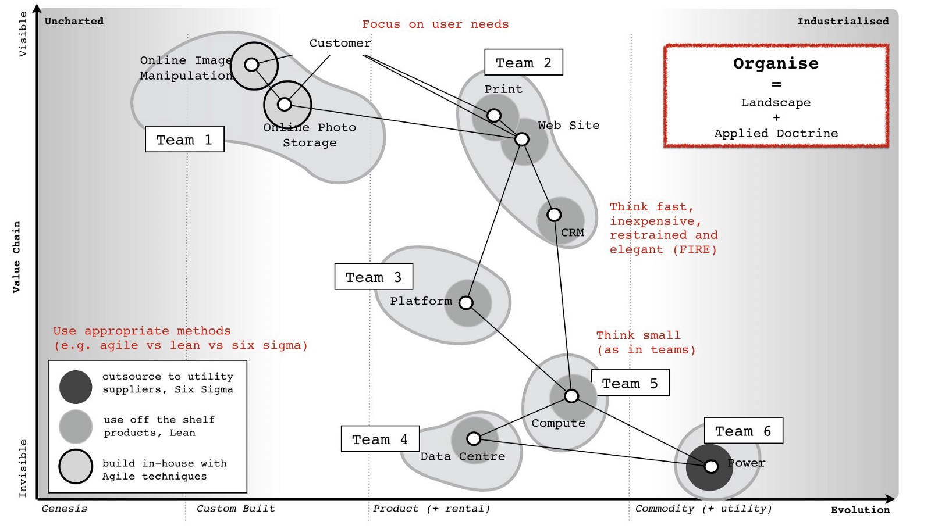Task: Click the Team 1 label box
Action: (x=184, y=140)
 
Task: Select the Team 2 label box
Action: (x=523, y=62)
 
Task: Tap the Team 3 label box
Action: (x=373, y=277)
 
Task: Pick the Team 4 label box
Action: (x=379, y=439)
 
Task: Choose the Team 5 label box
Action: (x=630, y=383)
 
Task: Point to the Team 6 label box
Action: (x=743, y=431)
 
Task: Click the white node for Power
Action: (x=711, y=466)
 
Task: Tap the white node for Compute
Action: (x=571, y=396)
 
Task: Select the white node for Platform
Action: (x=466, y=302)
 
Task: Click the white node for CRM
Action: (x=554, y=215)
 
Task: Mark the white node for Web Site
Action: (x=522, y=140)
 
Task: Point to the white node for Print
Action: (x=494, y=115)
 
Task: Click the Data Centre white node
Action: (x=474, y=438)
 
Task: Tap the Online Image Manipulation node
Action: (x=251, y=65)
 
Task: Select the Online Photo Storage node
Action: (x=284, y=105)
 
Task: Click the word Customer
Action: (x=340, y=43)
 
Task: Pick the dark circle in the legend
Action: (x=76, y=387)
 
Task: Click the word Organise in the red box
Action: (x=776, y=63)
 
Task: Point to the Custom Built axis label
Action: (x=236, y=509)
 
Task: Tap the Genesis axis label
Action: (x=65, y=509)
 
